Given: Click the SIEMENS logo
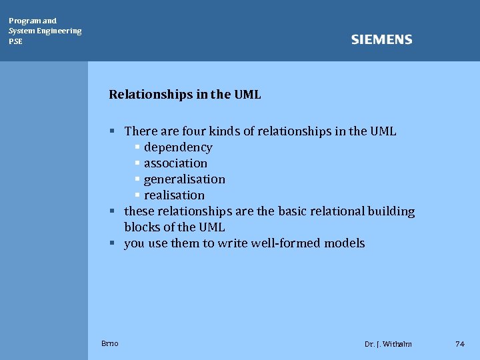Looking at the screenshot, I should point(381,40).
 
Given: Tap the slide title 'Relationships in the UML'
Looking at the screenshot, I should point(185,95).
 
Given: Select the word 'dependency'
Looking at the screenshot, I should point(178,147).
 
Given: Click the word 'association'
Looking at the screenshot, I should point(175,163).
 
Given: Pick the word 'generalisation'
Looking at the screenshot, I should point(185,179).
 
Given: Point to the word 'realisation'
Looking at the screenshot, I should point(174,195).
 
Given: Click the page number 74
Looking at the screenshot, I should point(459,344).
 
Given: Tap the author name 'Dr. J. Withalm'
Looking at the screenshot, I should point(388,344).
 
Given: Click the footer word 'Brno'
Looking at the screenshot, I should point(110,343).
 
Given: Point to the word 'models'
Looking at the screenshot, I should point(344,243).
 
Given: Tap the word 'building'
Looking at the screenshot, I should point(391,211).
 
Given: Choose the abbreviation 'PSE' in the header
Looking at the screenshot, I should point(15,41).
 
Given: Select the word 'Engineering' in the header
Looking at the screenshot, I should point(61,31).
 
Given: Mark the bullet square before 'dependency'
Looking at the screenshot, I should point(137,147).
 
